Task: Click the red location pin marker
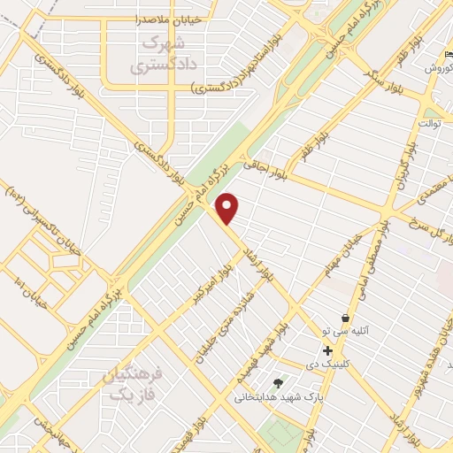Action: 227,208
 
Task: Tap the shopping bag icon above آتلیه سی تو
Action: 345,318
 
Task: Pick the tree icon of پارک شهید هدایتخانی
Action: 279,383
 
